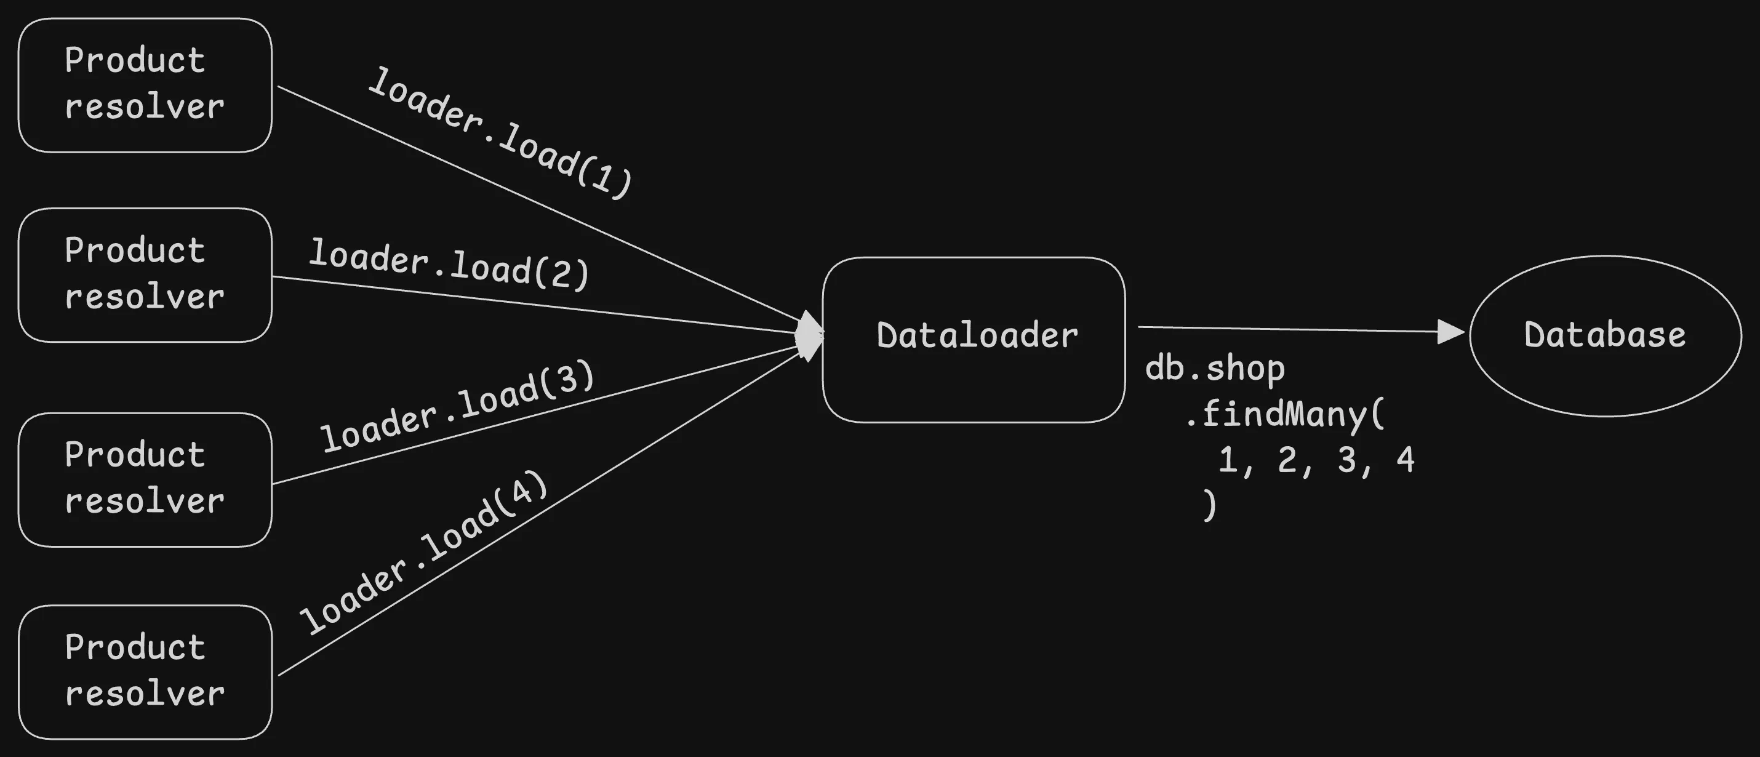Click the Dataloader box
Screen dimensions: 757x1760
click(x=974, y=340)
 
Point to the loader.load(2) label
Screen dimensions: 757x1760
click(x=449, y=265)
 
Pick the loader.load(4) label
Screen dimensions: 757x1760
click(x=424, y=551)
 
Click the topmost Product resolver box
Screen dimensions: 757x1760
click(x=145, y=85)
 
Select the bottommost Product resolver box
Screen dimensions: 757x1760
click(x=145, y=671)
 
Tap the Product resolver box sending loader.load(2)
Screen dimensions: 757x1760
click(x=145, y=274)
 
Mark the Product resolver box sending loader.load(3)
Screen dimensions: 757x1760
click(x=145, y=479)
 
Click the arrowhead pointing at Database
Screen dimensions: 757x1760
click(x=1450, y=332)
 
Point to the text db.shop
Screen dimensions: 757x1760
click(x=1215, y=368)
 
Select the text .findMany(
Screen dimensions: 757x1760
click(x=1284, y=414)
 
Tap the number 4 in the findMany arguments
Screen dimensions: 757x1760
click(x=1406, y=459)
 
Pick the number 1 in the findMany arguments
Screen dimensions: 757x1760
click(x=1228, y=459)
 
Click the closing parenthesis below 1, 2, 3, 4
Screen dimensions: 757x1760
click(x=1209, y=505)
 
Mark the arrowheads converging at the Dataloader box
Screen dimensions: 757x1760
click(x=810, y=336)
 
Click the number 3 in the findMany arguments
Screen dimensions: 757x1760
click(x=1346, y=459)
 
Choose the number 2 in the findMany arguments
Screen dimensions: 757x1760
click(x=1287, y=459)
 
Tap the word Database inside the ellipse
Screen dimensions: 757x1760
click(x=1605, y=335)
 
